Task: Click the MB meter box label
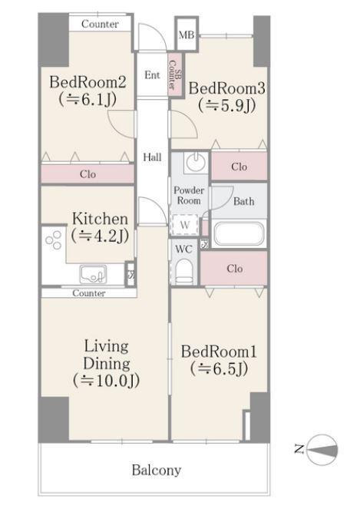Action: click(187, 35)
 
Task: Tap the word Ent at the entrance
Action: click(152, 75)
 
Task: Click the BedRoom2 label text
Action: click(88, 82)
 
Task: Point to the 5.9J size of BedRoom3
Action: click(226, 105)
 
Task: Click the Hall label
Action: click(152, 157)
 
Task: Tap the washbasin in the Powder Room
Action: click(196, 162)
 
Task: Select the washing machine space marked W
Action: click(185, 224)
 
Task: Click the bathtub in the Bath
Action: click(239, 233)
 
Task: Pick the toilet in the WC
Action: click(184, 272)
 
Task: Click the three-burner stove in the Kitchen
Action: click(54, 240)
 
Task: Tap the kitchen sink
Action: click(94, 274)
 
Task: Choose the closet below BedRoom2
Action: click(88, 173)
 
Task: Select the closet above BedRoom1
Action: click(234, 269)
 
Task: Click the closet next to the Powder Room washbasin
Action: click(239, 167)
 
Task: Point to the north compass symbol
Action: click(322, 450)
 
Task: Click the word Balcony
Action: click(157, 471)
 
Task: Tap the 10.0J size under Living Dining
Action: click(107, 381)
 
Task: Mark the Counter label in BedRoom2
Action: click(100, 24)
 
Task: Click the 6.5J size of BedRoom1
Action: click(219, 368)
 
